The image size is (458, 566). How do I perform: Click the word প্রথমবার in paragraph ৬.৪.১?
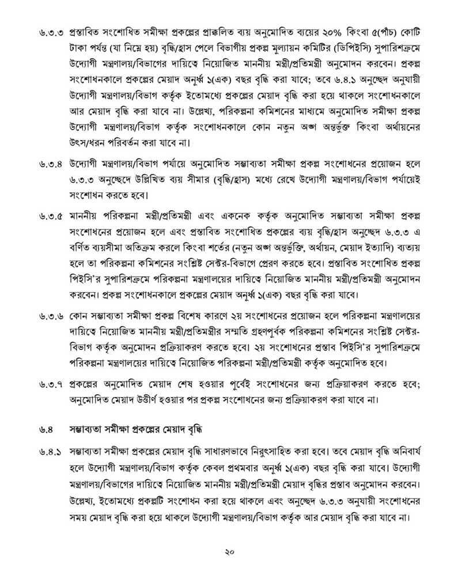click(x=243, y=467)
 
